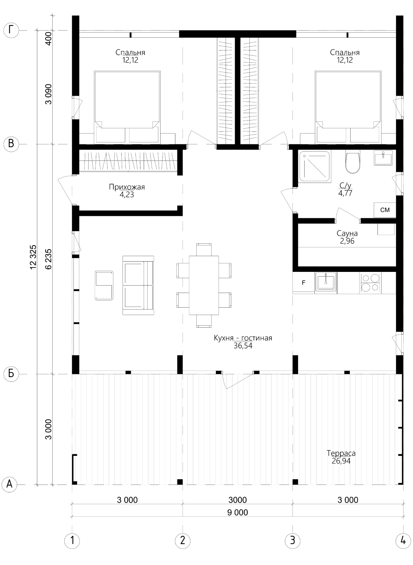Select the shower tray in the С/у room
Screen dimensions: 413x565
point(315,166)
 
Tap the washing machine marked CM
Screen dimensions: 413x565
point(385,210)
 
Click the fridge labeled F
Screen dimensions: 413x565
point(304,283)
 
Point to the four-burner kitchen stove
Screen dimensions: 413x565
point(371,283)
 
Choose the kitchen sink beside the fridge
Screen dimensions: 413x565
point(326,283)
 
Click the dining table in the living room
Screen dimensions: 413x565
point(204,285)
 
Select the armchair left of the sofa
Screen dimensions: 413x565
point(104,285)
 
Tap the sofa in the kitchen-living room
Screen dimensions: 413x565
point(138,285)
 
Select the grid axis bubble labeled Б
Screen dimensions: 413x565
point(11,374)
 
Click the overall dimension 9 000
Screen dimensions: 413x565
point(238,512)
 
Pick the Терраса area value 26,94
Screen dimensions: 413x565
point(341,461)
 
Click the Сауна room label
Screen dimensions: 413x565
point(347,233)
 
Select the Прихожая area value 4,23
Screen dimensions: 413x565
point(127,195)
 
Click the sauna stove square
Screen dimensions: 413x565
point(386,229)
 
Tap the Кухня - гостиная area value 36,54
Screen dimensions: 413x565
point(243,346)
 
